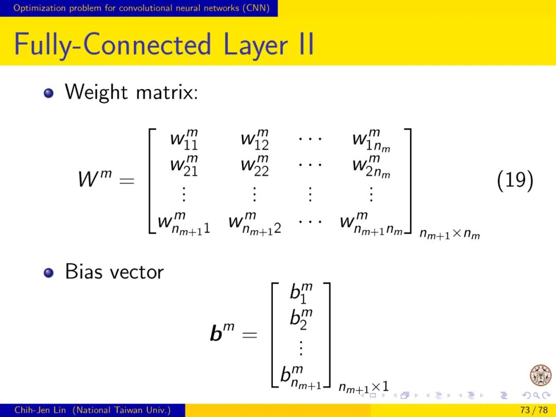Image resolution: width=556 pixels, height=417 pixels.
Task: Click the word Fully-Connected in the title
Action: (x=113, y=44)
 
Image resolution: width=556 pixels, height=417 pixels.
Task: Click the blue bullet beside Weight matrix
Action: (x=49, y=93)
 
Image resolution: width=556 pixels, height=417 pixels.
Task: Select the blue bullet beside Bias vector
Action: (x=49, y=272)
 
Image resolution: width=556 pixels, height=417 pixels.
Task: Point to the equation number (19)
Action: (x=514, y=180)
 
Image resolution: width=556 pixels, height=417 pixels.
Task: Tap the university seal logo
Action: (x=540, y=375)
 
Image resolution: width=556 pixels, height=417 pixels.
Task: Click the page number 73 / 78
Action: (x=534, y=410)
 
